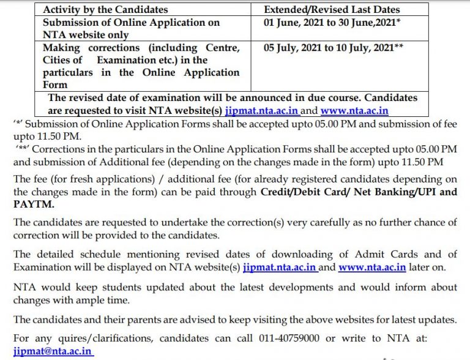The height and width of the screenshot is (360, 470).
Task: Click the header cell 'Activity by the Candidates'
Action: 105,10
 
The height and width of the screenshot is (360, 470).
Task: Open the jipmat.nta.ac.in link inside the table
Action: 262,111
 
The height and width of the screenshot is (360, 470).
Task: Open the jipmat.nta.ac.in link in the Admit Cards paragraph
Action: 279,268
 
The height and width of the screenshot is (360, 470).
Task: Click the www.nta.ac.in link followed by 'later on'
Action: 372,268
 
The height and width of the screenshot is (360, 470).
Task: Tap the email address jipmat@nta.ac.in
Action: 53,352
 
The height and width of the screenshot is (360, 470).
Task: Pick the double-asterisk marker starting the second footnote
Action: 21,149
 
